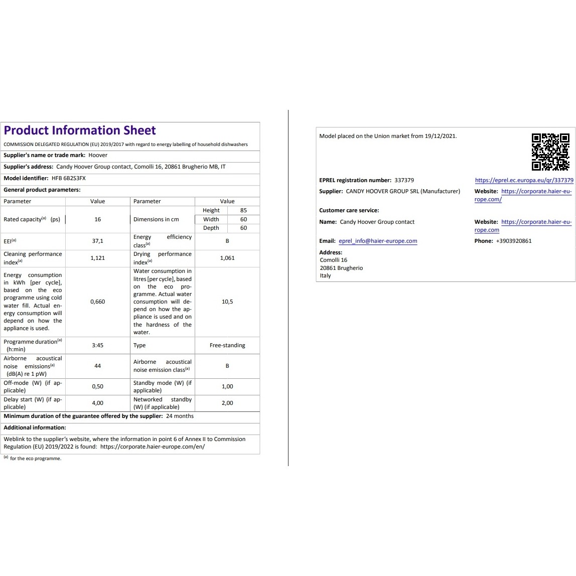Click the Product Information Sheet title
pos(80,130)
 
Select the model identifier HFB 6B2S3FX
pos(69,178)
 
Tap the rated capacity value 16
pos(97,219)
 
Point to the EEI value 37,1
pos(97,241)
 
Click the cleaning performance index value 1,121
pos(97,258)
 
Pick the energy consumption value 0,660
pos(97,302)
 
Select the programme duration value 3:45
pos(97,345)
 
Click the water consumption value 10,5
pos(227,302)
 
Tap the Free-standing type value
pos(227,345)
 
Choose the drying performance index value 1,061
pos(227,258)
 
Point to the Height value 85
pos(243,210)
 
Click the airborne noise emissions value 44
pos(97,366)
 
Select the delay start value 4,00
pos(97,403)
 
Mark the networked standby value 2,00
pos(227,403)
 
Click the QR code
pos(550,152)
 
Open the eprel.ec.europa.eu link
pos(524,180)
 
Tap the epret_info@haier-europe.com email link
pos(378,241)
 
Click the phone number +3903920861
pos(513,241)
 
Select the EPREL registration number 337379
pos(404,180)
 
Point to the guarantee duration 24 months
pos(180,416)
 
